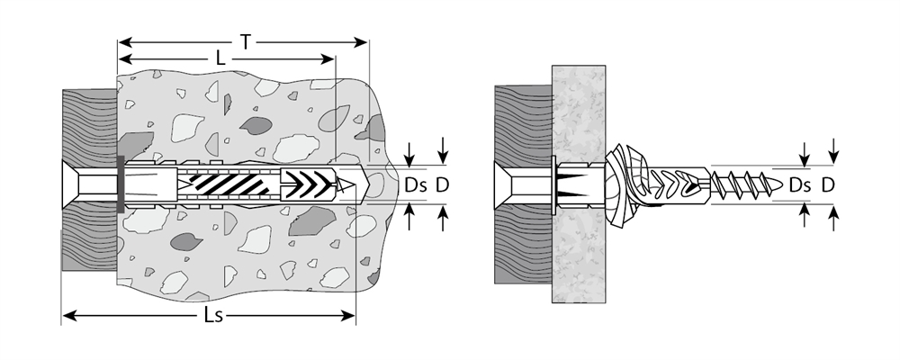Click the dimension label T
pyautogui.click(x=245, y=40)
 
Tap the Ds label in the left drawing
pyautogui.click(x=416, y=185)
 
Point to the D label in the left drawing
pyautogui.click(x=442, y=185)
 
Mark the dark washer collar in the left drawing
pyautogui.click(x=121, y=185)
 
